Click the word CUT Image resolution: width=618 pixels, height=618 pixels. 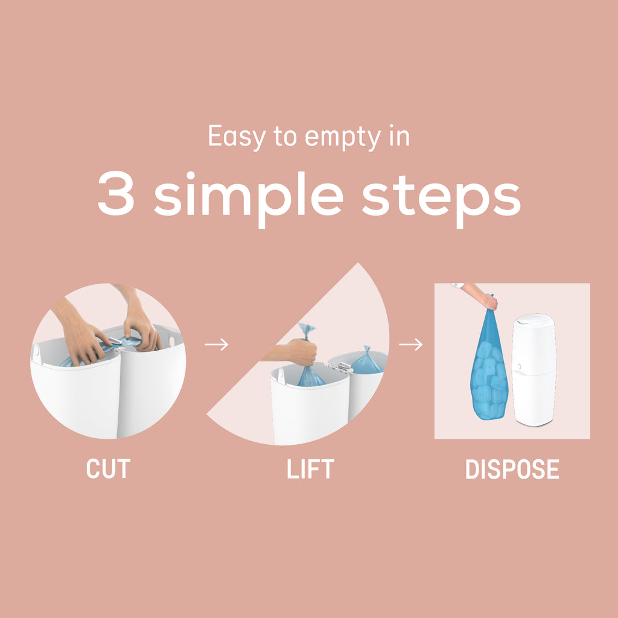[108, 469]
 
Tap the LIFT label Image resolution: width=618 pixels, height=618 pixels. [310, 469]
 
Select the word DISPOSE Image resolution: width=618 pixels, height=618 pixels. [512, 469]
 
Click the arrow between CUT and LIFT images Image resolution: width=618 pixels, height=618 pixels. [216, 345]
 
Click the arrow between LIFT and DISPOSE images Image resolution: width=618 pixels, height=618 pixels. [411, 345]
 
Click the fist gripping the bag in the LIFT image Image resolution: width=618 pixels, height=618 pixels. [302, 352]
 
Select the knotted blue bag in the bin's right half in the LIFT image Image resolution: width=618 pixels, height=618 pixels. [366, 362]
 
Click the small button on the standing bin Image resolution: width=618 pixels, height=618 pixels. [518, 366]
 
